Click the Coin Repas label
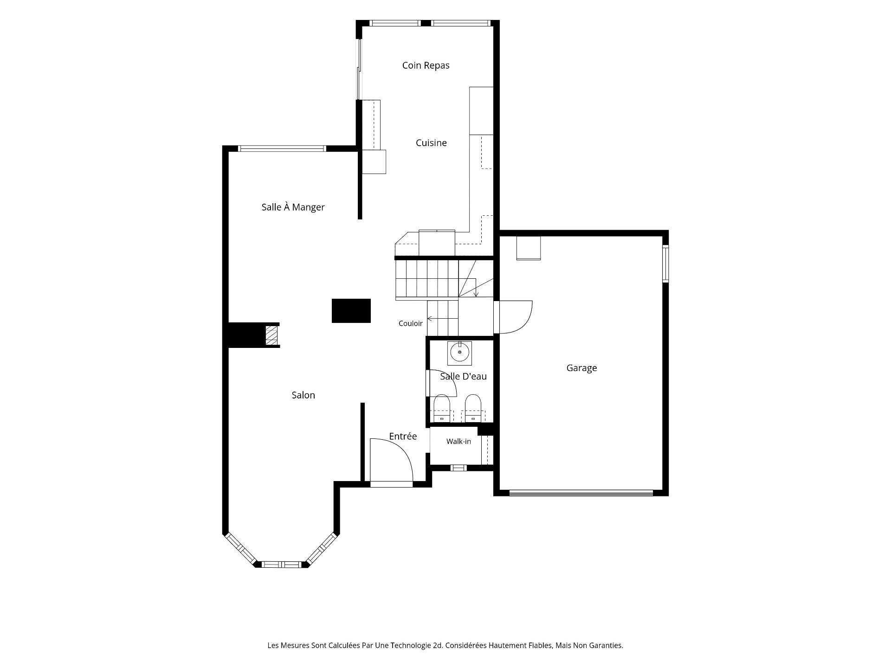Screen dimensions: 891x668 [x=426, y=65]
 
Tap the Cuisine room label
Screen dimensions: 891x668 [x=431, y=143]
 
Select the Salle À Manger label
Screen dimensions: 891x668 [x=293, y=207]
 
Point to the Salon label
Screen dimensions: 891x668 [x=303, y=395]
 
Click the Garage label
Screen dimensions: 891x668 [x=581, y=368]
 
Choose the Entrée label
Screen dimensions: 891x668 [x=403, y=436]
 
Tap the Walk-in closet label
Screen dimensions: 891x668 [x=458, y=442]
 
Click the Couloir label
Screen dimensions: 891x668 [x=411, y=323]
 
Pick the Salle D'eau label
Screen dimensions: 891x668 [x=463, y=376]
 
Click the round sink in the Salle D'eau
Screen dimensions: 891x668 [x=459, y=353]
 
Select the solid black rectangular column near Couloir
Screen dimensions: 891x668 [x=351, y=310]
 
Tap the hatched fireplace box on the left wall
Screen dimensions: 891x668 [x=271, y=335]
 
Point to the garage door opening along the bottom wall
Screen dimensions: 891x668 [x=581, y=493]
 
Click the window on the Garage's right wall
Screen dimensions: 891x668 [x=665, y=263]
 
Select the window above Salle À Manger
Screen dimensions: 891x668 [x=282, y=148]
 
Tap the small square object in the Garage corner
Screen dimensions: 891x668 [x=529, y=248]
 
